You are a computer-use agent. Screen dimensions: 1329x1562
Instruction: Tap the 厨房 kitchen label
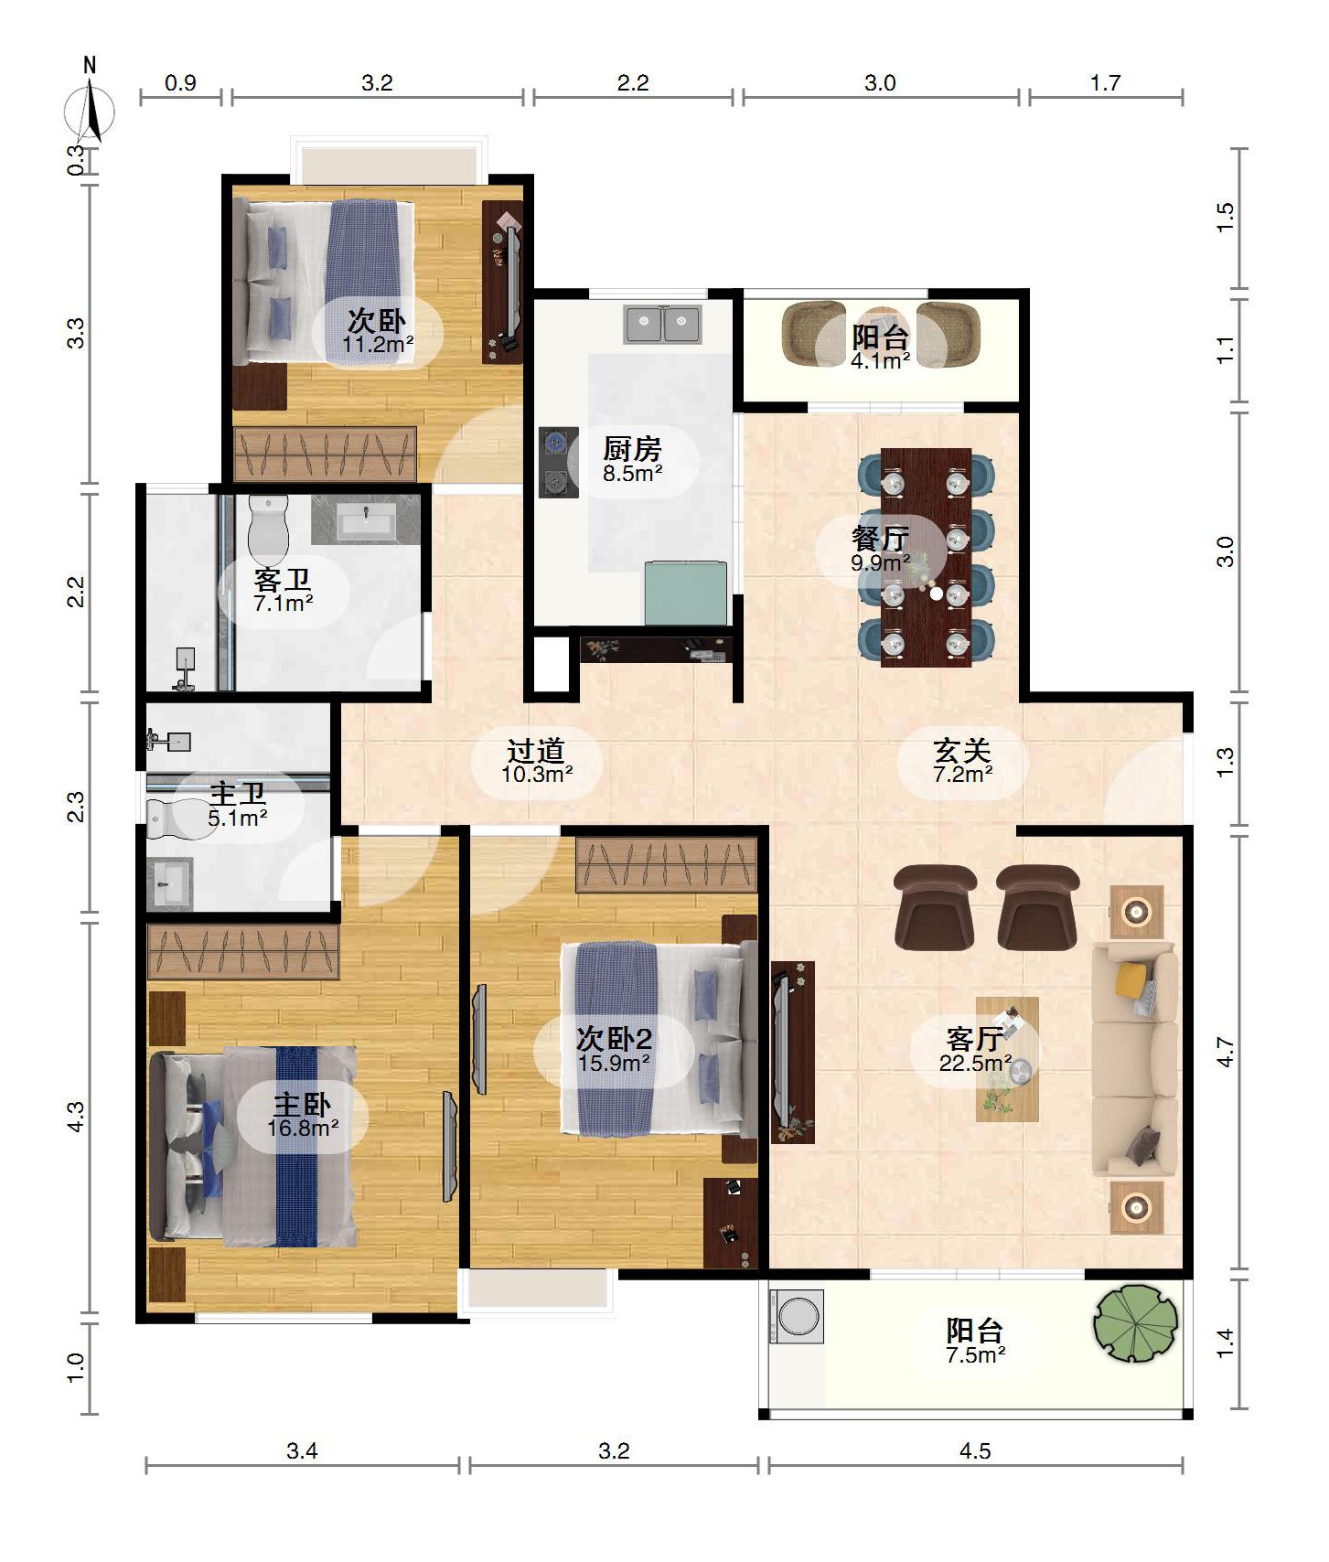(x=632, y=449)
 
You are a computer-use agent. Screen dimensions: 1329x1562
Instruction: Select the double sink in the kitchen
(x=663, y=324)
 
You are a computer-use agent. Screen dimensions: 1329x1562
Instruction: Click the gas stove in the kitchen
(x=558, y=462)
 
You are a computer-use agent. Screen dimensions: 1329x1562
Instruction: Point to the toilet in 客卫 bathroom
(x=268, y=530)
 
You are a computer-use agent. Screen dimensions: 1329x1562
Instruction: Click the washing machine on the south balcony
(x=796, y=1316)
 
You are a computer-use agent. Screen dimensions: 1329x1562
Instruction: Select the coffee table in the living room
(x=1007, y=1059)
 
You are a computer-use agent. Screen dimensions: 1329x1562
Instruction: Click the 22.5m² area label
(x=975, y=1064)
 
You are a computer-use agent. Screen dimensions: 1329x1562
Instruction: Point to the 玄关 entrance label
(x=962, y=752)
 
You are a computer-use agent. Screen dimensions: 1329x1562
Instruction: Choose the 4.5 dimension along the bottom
(x=975, y=1451)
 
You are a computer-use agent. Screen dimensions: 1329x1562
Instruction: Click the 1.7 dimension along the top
(x=1105, y=83)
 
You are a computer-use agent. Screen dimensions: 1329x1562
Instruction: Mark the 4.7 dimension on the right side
(x=1226, y=1053)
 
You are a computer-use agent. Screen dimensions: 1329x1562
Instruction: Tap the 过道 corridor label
(x=536, y=752)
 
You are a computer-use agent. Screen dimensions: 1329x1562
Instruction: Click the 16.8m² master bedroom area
(x=303, y=1129)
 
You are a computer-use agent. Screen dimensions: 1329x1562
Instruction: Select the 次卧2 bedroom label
(x=614, y=1039)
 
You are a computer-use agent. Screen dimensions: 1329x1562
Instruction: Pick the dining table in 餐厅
(x=926, y=557)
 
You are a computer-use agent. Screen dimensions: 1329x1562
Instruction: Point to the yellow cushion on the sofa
(x=1131, y=979)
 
